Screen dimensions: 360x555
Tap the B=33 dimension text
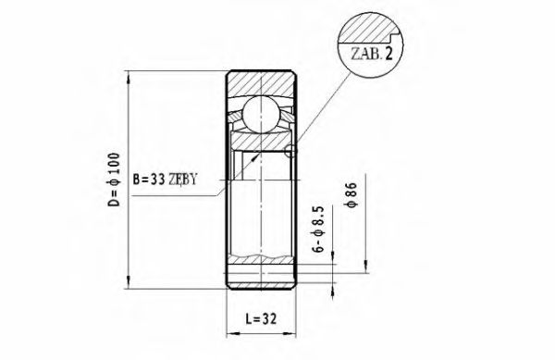point(151,179)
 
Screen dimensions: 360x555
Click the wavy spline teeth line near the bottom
point(261,255)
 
